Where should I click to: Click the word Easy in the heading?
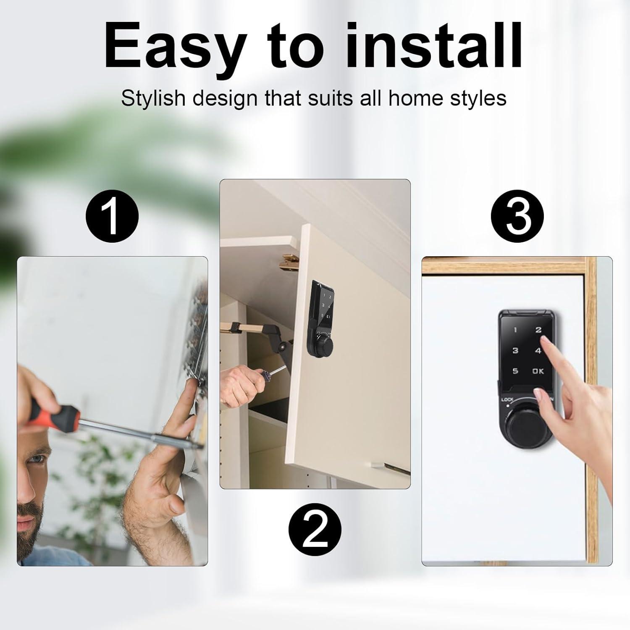pyautogui.click(x=175, y=47)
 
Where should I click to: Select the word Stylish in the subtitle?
pyautogui.click(x=153, y=99)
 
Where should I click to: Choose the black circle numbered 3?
pyautogui.click(x=517, y=217)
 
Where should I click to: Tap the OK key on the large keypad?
pyautogui.click(x=538, y=371)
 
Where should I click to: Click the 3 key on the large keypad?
pyautogui.click(x=515, y=351)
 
